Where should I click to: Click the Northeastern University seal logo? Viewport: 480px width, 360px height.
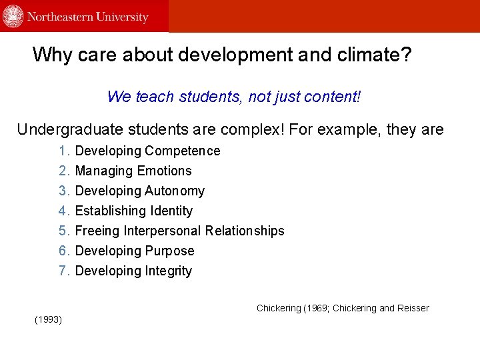click(x=13, y=16)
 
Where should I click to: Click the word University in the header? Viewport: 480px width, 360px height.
click(x=121, y=17)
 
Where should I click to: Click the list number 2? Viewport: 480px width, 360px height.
click(x=64, y=171)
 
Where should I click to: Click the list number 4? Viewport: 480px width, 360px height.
click(x=64, y=211)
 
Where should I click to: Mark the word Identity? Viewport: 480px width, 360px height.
click(x=171, y=211)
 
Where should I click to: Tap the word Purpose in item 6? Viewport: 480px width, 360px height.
click(x=171, y=251)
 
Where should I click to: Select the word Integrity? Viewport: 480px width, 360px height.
click(x=169, y=271)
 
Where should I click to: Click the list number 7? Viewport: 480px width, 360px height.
click(x=64, y=271)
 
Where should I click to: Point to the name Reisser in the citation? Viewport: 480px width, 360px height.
click(x=413, y=308)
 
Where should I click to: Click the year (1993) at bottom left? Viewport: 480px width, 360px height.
click(x=48, y=320)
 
